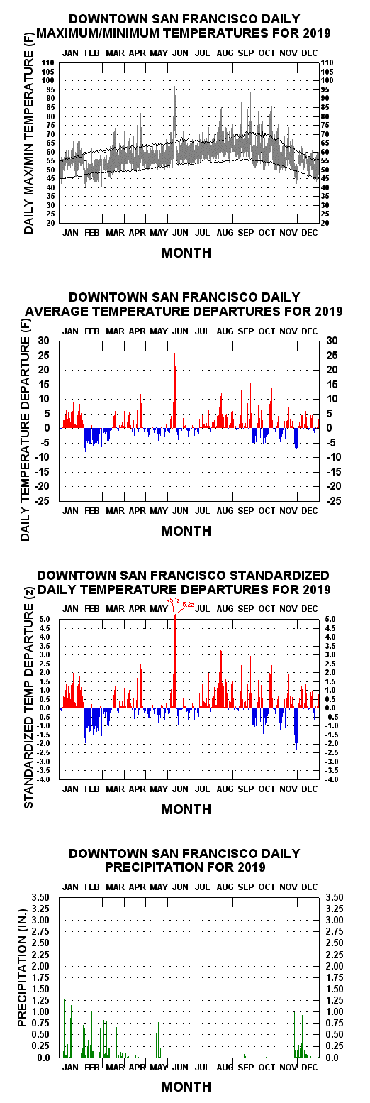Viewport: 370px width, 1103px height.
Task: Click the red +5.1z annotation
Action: pos(174,600)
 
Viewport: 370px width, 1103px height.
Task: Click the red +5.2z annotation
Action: pos(187,604)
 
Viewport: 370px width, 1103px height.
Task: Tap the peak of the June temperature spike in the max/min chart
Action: pos(175,87)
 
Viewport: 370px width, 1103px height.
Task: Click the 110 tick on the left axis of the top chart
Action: pos(48,62)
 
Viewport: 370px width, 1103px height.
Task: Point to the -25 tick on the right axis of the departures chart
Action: pos(332,501)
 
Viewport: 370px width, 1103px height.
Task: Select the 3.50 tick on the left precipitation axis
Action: pos(40,896)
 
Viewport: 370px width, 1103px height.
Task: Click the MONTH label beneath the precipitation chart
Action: pos(186,1086)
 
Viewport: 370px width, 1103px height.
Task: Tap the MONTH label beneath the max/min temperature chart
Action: pos(186,253)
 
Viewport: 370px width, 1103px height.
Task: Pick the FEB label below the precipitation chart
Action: pos(92,1067)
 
